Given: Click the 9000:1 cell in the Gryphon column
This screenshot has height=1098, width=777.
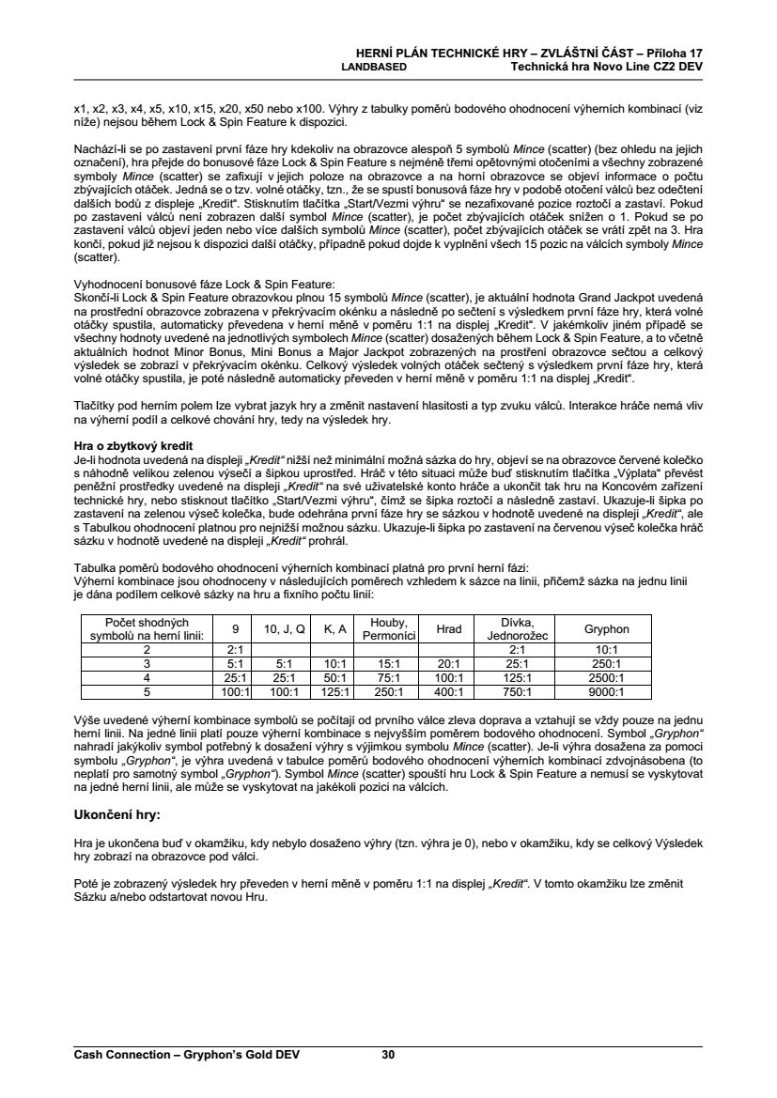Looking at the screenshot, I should point(606,692).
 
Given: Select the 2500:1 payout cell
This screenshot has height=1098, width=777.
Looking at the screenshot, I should point(606,677).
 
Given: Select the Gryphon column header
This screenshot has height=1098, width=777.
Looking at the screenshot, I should point(606,629).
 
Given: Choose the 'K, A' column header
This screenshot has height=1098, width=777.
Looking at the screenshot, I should point(335,629).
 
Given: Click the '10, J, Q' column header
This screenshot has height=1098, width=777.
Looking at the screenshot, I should point(284,629).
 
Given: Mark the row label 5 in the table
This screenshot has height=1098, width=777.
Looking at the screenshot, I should point(147,692).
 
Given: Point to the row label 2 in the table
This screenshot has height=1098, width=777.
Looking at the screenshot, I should point(147,648).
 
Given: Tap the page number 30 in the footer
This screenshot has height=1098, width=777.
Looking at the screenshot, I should point(388,1055).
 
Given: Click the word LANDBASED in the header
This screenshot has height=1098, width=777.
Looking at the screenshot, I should point(373,68).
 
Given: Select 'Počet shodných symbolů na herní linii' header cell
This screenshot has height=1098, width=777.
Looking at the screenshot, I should point(147,629).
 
